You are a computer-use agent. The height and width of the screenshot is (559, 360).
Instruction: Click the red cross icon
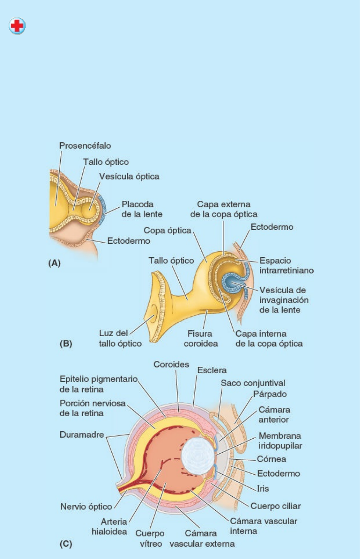(x=17, y=26)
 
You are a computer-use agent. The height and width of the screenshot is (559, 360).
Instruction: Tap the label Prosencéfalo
(x=85, y=146)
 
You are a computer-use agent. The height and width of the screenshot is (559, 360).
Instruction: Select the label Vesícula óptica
(x=129, y=176)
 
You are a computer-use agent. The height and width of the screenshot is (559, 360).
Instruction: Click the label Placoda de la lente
(x=142, y=209)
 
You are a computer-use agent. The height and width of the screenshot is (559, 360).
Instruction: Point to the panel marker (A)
(x=54, y=263)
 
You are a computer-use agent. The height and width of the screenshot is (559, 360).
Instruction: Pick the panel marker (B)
(x=66, y=344)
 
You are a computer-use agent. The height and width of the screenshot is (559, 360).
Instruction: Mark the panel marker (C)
(x=66, y=544)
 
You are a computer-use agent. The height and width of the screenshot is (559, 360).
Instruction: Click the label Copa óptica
(x=167, y=231)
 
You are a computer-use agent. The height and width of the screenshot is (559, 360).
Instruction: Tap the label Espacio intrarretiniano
(x=286, y=265)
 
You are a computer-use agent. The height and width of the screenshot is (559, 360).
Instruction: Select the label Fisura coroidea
(x=200, y=338)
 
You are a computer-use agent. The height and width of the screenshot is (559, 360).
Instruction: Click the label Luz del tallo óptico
(x=120, y=338)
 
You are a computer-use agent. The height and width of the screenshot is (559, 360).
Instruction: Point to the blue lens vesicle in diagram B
(x=233, y=283)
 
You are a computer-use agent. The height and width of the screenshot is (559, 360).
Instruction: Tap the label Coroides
(x=171, y=364)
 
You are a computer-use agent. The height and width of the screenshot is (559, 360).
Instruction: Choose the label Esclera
(x=212, y=370)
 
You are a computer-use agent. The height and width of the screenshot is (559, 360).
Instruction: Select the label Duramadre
(x=82, y=435)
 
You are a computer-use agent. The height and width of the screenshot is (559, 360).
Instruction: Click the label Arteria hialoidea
(x=109, y=527)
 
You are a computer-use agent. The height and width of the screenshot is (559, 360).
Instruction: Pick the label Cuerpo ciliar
(x=275, y=506)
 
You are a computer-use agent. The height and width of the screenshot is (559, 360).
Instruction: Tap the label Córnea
(x=271, y=459)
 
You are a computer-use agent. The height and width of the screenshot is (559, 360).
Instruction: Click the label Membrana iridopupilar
(x=280, y=441)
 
